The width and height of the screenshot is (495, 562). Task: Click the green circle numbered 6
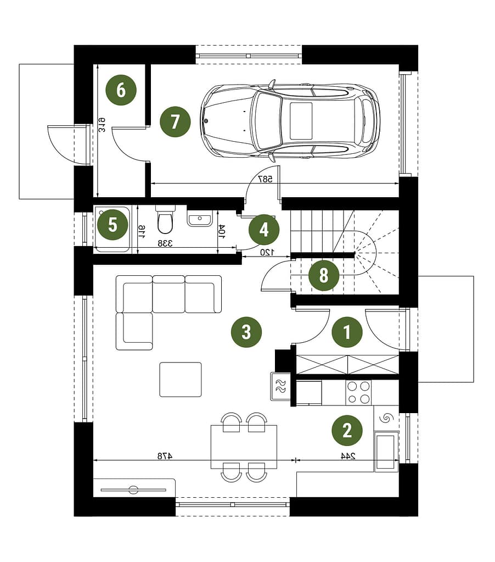121,90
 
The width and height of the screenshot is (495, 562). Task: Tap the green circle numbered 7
175,121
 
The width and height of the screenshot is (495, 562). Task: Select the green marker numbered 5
113,225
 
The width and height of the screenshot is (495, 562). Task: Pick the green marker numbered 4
264,230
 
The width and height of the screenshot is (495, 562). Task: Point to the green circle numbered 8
324,276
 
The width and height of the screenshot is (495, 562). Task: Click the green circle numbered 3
246,332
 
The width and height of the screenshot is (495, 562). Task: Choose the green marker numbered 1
347,332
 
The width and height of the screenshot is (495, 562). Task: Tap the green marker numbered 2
347,430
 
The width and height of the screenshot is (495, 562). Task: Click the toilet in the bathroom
165,220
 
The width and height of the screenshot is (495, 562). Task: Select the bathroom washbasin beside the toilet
200,218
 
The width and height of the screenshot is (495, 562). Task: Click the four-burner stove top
358,392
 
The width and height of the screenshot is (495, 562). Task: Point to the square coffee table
181,380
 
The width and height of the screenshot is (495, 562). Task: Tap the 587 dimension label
265,179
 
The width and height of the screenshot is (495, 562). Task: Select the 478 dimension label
165,456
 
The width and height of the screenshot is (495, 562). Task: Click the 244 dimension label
348,456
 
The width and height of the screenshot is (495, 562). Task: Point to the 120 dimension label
267,252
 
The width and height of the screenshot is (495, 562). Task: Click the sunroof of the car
301,121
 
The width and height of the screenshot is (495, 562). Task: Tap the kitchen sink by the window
386,451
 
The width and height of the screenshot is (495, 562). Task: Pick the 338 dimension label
165,244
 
